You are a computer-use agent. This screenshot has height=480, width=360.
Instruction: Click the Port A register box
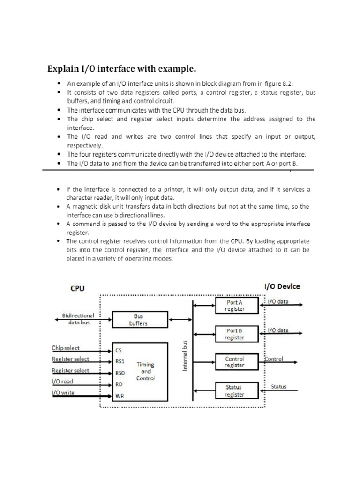[235, 306]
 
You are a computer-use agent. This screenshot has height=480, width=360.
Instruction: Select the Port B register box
[235, 334]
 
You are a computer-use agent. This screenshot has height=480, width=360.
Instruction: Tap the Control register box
[235, 362]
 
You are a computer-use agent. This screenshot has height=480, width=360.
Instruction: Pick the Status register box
[235, 390]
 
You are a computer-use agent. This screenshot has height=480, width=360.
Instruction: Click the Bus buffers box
[138, 320]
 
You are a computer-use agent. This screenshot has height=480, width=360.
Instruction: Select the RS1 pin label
[120, 361]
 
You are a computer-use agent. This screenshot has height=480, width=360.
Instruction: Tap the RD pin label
[120, 384]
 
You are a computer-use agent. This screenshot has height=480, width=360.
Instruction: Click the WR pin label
[120, 396]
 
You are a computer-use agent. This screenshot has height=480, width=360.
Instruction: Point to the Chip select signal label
[66, 348]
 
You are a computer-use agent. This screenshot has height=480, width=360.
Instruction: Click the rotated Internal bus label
[185, 356]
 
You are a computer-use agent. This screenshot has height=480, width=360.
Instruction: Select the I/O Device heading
[282, 286]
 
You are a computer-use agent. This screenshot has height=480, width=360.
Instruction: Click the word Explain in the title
[64, 69]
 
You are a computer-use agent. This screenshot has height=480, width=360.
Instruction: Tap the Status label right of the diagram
[279, 387]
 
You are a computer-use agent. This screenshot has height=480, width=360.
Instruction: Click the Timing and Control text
[145, 371]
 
